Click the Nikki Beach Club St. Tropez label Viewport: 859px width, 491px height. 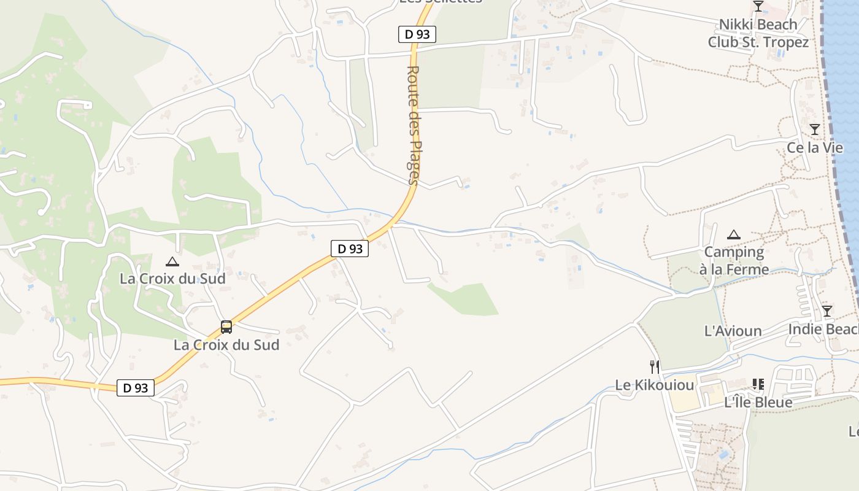758,33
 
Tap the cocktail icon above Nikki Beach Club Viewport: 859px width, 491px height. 758,6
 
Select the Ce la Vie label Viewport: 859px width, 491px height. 815,148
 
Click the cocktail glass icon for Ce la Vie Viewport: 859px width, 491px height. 814,130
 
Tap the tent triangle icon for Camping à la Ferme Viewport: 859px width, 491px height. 734,234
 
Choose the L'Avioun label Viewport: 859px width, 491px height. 733,331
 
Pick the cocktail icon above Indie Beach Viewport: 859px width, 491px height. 826,311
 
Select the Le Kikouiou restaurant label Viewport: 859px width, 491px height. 655,385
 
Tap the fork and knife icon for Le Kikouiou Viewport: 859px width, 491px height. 655,367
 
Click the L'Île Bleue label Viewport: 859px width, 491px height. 758,403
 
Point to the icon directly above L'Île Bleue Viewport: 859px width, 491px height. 758,384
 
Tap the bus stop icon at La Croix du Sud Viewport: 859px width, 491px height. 226,327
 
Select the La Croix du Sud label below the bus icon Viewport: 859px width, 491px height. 226,345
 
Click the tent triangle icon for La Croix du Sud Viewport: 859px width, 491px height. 172,262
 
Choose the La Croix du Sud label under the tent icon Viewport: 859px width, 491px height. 172,279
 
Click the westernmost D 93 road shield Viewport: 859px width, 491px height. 136,388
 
